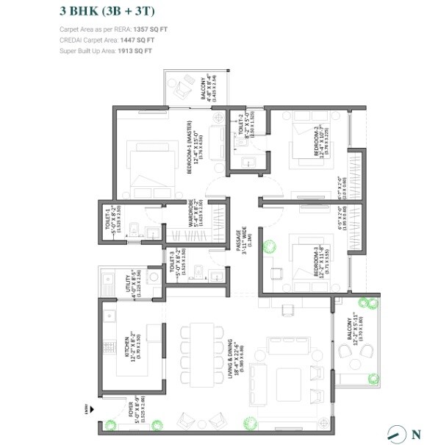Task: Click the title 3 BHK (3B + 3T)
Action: point(106,11)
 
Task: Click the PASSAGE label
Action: point(239,242)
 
